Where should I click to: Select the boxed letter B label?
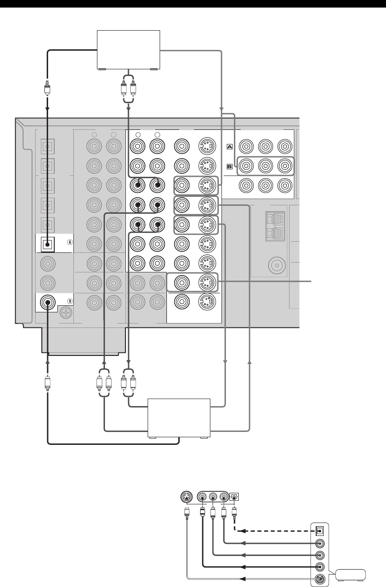(230, 167)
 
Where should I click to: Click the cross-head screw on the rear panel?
(66, 313)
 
